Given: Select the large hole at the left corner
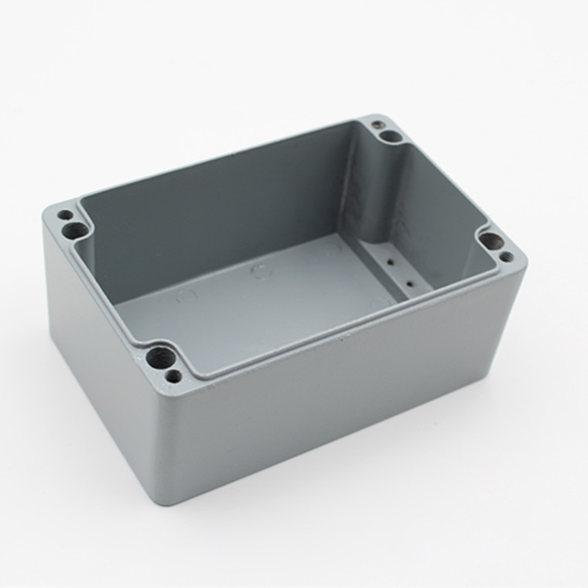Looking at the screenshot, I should [77, 229].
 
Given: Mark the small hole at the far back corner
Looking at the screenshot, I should [377, 124].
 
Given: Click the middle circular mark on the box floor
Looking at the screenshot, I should [259, 272].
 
